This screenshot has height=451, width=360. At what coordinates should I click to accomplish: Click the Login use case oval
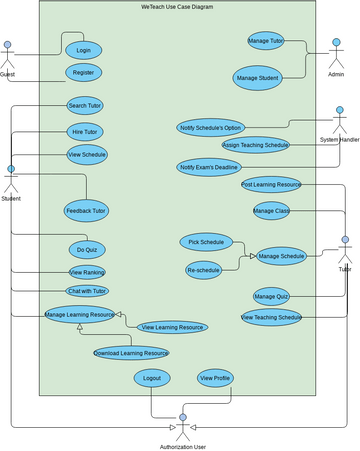[83, 49]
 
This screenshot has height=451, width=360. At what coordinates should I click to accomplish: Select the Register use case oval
[83, 72]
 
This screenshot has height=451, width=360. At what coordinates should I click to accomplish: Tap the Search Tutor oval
[85, 105]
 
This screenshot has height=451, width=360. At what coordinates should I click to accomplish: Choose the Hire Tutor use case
[84, 132]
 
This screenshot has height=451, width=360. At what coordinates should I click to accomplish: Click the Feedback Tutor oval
[86, 211]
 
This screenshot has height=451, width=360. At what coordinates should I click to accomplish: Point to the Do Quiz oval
[87, 249]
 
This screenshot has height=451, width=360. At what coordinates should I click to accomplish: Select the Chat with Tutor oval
[87, 290]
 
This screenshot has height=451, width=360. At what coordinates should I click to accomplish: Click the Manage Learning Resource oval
[79, 315]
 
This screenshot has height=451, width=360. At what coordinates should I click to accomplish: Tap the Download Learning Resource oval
[131, 353]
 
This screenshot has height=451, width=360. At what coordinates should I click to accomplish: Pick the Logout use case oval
[152, 378]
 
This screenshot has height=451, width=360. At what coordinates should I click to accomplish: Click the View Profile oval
[215, 378]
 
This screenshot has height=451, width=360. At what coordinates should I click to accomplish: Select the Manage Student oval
[257, 77]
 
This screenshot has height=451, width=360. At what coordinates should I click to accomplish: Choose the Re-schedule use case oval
[203, 269]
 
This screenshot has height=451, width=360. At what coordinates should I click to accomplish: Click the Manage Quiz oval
[271, 296]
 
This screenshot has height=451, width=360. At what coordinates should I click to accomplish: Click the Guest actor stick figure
[8, 55]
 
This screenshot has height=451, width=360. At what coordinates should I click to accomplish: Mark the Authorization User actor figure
[182, 424]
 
